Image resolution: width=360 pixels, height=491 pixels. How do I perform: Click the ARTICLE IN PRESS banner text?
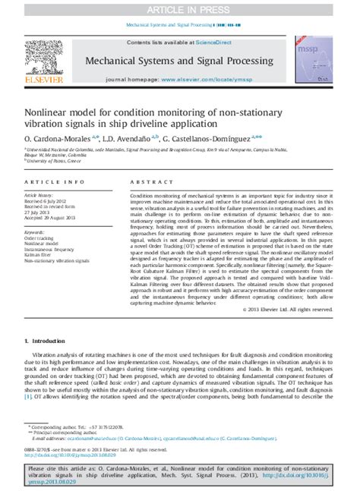tap(179, 8)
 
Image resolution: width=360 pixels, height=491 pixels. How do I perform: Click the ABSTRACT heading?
tap(147, 183)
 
